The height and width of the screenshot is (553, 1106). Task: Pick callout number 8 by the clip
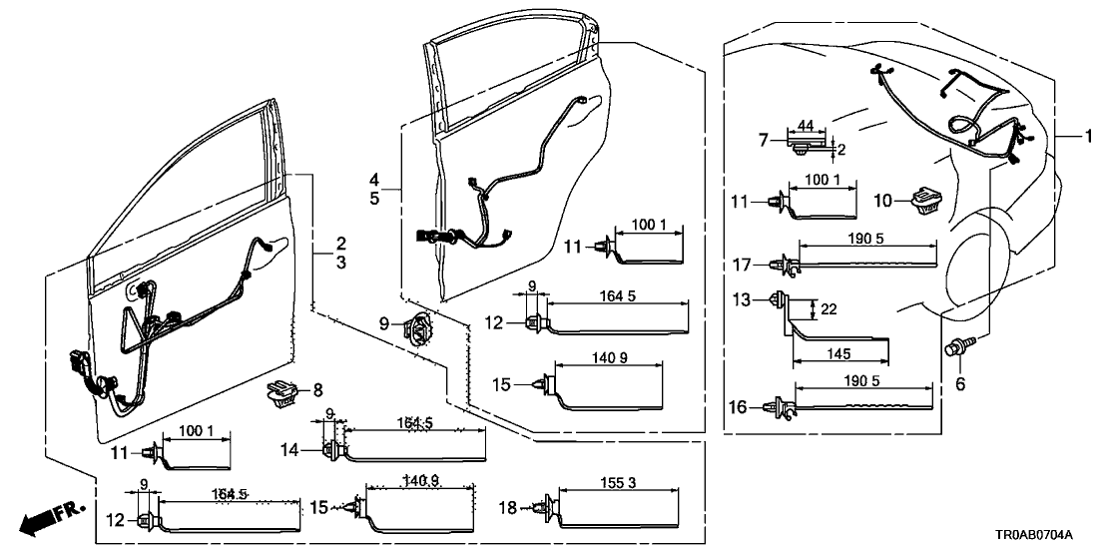pyautogui.click(x=318, y=389)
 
